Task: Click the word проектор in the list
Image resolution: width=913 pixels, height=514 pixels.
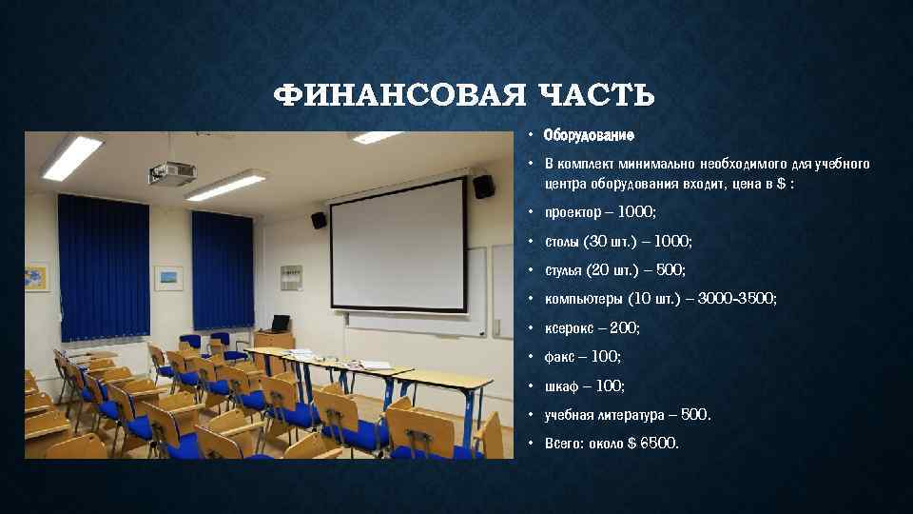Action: pyautogui.click(x=574, y=211)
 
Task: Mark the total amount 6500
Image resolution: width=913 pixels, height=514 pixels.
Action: pyautogui.click(x=658, y=444)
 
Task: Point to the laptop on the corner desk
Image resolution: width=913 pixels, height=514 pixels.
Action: pyautogui.click(x=280, y=324)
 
